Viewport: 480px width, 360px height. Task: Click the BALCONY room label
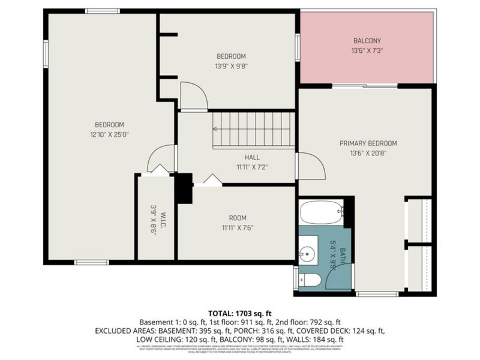367,41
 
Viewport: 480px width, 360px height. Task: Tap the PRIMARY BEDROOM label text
368,143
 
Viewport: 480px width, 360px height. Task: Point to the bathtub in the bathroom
320,212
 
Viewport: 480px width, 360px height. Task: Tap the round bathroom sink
308,254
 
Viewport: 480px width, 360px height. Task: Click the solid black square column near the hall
184,188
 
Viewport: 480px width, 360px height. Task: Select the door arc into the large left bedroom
160,159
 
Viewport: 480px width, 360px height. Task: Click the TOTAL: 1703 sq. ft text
240,312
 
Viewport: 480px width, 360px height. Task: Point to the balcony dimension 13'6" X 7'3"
367,51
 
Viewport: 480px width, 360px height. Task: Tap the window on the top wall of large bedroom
102,11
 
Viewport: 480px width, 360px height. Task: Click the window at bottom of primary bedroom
377,293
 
